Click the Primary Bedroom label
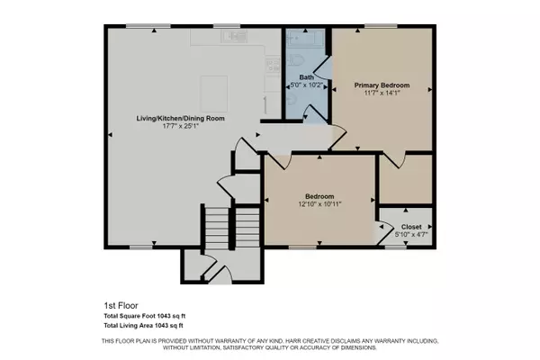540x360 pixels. click(382, 83)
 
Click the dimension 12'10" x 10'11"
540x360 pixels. click(319, 204)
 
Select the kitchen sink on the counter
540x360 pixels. click(237, 37)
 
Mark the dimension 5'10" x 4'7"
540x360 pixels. click(410, 236)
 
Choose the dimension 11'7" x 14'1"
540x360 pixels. click(382, 91)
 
